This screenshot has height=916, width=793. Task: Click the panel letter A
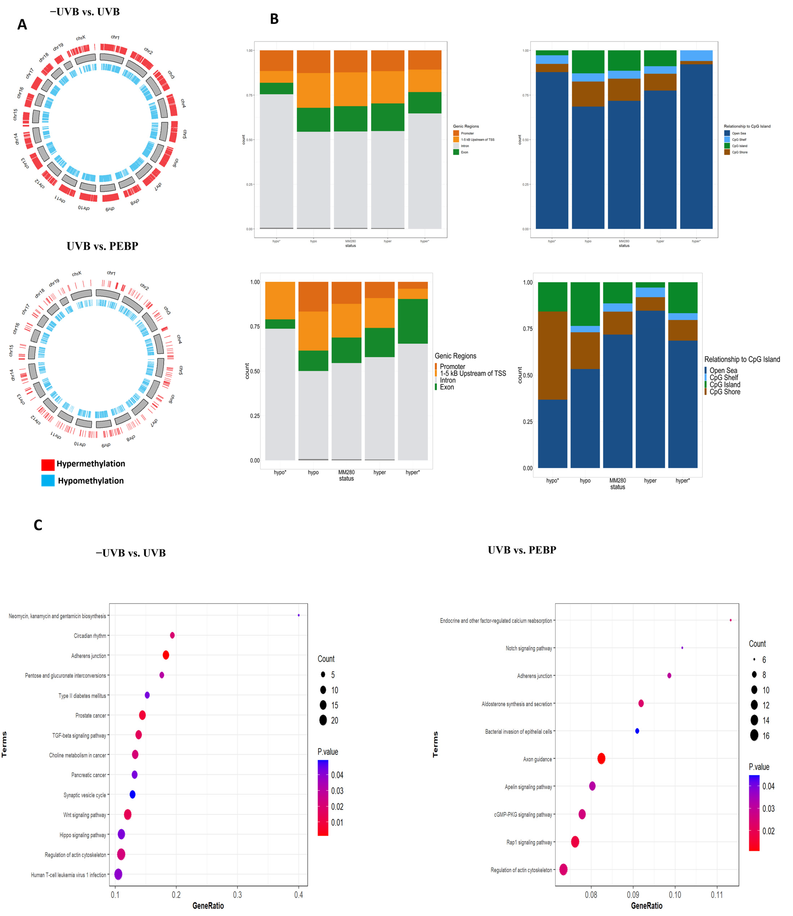[22, 25]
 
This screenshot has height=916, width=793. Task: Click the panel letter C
[38, 525]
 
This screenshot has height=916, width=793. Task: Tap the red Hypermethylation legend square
[48, 464]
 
